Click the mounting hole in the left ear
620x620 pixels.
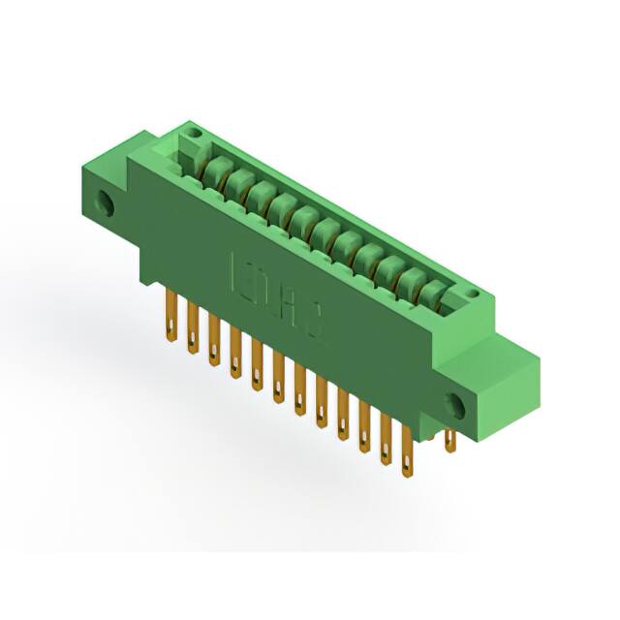tap(104, 204)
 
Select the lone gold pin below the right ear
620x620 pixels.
tap(449, 441)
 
